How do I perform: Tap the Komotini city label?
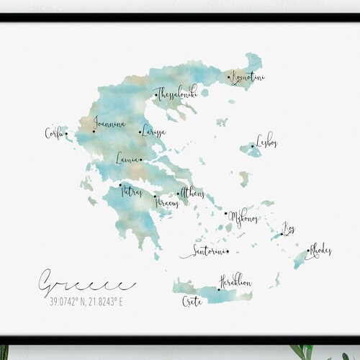[246, 76]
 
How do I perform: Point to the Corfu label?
[54, 132]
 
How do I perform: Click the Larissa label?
[153, 132]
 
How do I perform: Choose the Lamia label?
[127, 159]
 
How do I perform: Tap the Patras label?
[132, 192]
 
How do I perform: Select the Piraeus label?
[167, 203]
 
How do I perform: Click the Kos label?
[289, 230]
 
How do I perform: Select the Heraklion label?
[236, 282]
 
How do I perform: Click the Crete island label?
[192, 299]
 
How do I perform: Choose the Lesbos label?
[266, 145]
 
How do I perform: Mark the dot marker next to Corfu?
[66, 132]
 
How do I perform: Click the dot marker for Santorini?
[227, 251]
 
